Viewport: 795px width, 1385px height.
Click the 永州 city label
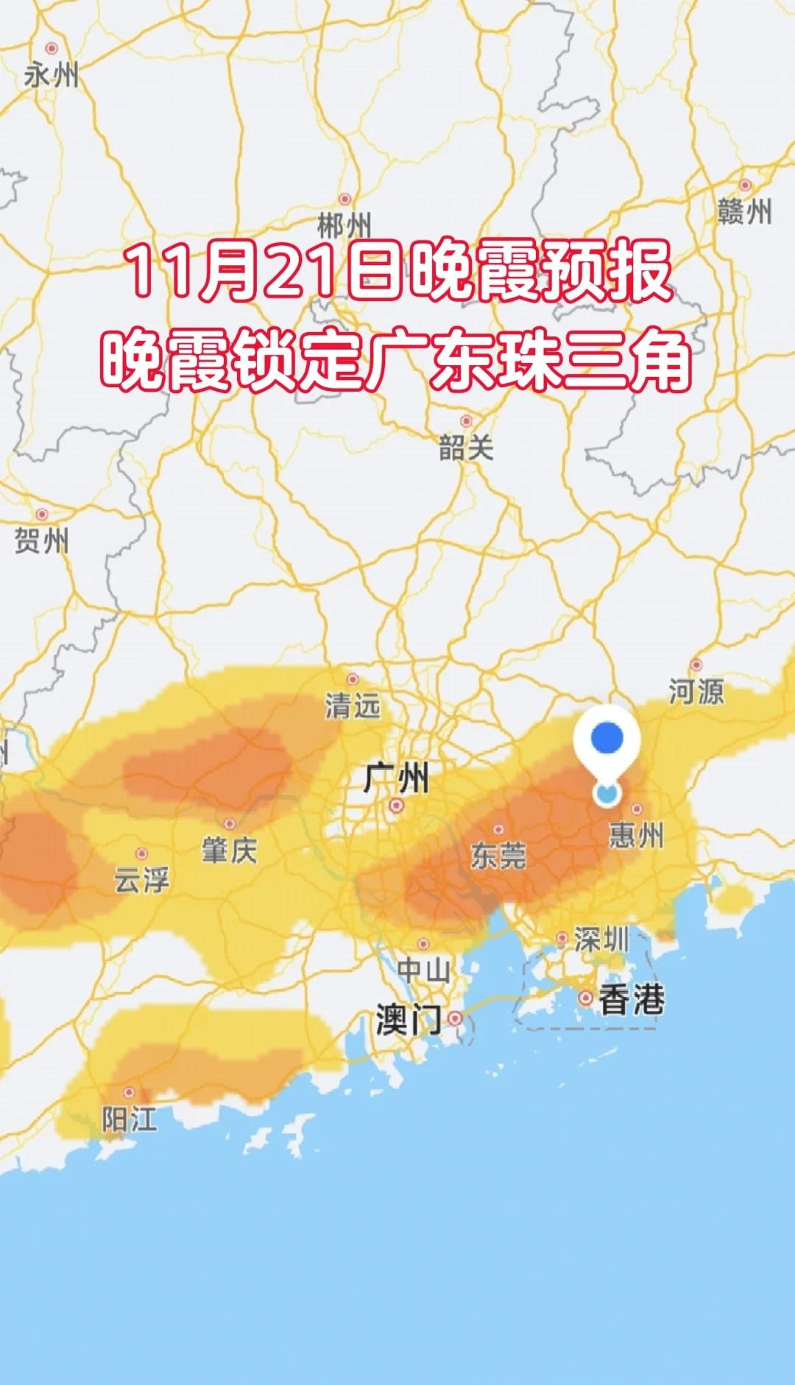(51, 75)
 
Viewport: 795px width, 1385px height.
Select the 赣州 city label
(745, 212)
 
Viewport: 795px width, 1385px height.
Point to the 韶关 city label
(465, 448)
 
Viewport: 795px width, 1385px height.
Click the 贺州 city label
(42, 541)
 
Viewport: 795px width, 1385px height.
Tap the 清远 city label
(353, 706)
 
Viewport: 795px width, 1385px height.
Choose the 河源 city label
(696, 691)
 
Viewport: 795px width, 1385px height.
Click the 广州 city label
(396, 778)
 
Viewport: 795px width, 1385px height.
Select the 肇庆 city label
(230, 850)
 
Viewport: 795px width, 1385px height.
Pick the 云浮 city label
(141, 880)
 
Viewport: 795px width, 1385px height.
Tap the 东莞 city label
(498, 856)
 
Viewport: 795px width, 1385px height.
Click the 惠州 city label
(636, 836)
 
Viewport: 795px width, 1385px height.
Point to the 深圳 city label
(601, 940)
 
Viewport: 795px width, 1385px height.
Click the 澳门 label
(409, 1021)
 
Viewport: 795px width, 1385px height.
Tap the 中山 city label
(423, 970)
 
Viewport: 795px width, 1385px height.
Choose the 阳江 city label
(130, 1120)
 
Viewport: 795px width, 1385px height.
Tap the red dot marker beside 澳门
(456, 1018)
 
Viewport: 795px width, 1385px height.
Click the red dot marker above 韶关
(466, 421)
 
